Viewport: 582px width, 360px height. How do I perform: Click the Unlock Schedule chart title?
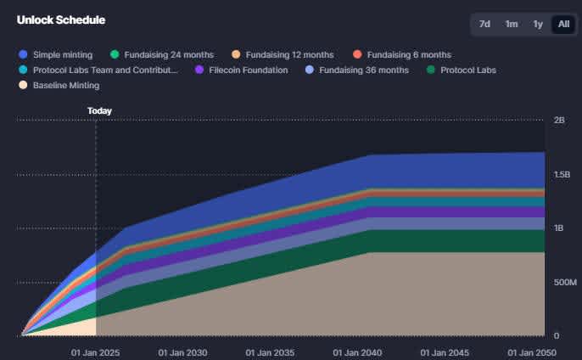(56, 20)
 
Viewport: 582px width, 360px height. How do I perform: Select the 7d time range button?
(484, 24)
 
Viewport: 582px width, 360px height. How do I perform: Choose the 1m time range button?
(511, 24)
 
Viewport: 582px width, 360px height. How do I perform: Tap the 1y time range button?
(538, 24)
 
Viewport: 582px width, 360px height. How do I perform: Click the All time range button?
(563, 24)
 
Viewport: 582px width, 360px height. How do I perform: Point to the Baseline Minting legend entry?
(65, 85)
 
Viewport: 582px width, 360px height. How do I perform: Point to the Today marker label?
(99, 110)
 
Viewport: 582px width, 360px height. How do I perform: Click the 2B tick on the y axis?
(559, 121)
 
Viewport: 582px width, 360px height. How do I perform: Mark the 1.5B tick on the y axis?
(562, 175)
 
